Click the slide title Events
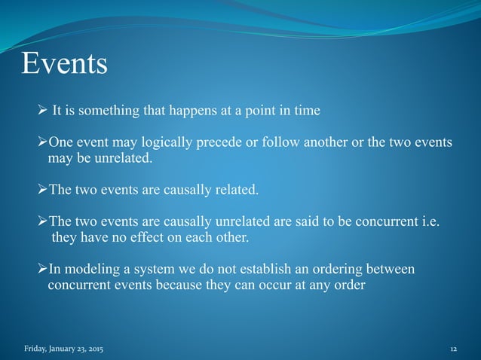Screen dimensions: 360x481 click(x=64, y=65)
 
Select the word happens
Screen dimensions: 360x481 click(x=191, y=111)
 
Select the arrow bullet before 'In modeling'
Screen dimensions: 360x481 click(x=42, y=270)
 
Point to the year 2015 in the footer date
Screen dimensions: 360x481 click(x=96, y=350)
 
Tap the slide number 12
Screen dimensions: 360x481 click(x=454, y=350)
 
